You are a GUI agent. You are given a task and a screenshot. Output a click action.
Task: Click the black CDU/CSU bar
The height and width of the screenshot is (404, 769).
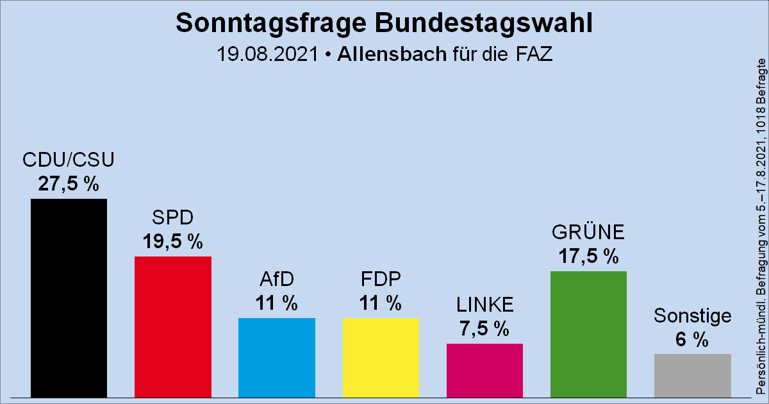[69, 298]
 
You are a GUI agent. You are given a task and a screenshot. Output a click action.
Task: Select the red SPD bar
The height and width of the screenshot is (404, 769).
[172, 326]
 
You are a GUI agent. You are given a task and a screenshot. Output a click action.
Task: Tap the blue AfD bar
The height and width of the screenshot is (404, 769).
[276, 357]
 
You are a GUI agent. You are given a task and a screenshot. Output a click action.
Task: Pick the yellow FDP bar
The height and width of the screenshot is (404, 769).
[381, 357]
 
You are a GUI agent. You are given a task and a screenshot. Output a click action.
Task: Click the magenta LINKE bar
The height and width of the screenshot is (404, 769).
[484, 370]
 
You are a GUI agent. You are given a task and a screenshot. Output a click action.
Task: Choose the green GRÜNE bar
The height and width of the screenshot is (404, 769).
[588, 333]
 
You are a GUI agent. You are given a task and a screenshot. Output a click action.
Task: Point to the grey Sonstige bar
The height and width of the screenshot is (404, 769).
[692, 375]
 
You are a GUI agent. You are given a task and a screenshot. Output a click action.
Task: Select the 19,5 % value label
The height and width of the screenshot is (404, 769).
[172, 241]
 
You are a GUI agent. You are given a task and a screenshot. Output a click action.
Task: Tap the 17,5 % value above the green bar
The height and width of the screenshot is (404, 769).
[588, 256]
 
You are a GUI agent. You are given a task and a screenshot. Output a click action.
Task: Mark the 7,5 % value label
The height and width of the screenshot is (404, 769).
[484, 328]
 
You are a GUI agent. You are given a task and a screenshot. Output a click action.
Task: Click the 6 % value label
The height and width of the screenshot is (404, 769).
[692, 339]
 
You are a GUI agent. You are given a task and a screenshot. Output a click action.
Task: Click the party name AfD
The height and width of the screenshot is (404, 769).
[276, 280]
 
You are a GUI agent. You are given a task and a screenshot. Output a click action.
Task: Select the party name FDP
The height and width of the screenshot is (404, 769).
[381, 280]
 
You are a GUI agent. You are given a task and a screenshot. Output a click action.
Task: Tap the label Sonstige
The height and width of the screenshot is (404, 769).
[692, 316]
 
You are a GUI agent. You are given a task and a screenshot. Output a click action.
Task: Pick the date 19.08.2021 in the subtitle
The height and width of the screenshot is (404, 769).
[267, 54]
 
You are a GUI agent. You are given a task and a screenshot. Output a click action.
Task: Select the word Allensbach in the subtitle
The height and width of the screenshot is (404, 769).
[391, 54]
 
